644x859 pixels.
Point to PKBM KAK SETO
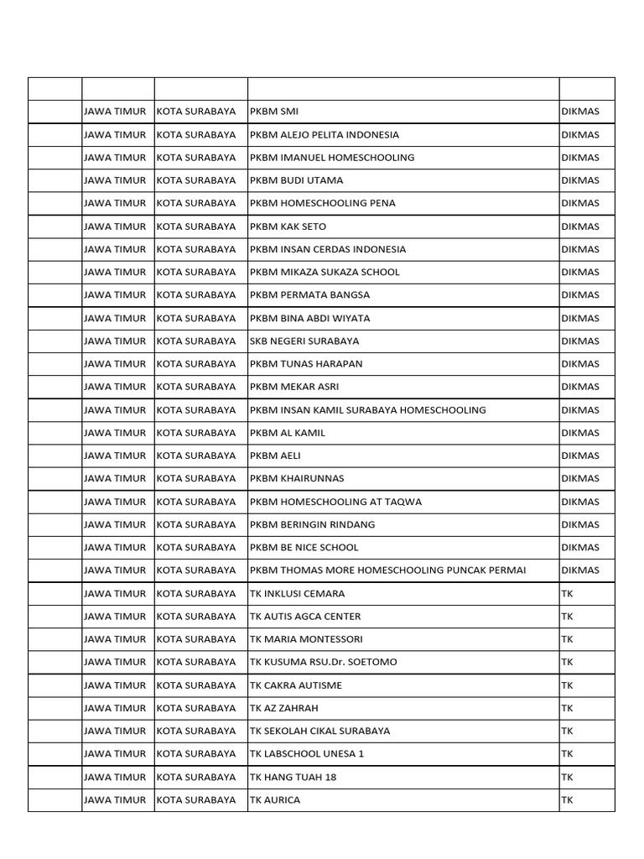[288, 226]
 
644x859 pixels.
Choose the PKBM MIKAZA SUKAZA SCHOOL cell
[325, 273]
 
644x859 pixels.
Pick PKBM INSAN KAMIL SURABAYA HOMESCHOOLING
[367, 410]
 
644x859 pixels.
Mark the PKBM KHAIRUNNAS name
[297, 479]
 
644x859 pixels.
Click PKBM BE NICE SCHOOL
[304, 548]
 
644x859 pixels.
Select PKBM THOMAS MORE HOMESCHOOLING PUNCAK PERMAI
[387, 570]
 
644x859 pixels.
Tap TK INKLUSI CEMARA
[297, 594]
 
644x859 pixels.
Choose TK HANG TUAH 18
[293, 778]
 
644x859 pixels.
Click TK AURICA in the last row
[275, 800]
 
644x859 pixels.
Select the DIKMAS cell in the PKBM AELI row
[580, 456]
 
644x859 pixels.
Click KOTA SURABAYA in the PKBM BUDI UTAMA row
[196, 180]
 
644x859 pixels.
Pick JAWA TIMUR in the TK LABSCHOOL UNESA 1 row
[115, 754]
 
